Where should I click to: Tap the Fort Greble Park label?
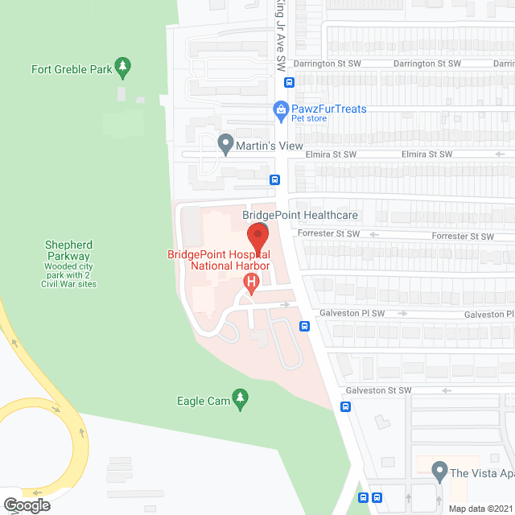(x=72, y=69)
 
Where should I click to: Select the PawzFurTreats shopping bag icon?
(x=281, y=109)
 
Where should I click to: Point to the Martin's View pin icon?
(x=225, y=146)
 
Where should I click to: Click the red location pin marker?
(x=257, y=239)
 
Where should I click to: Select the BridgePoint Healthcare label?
(x=300, y=216)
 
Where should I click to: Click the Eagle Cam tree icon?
(x=239, y=398)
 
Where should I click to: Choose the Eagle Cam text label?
(x=201, y=400)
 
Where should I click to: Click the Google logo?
(x=26, y=505)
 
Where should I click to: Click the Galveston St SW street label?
(x=378, y=390)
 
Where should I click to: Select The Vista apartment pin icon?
(x=439, y=470)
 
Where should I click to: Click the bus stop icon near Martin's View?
(x=274, y=180)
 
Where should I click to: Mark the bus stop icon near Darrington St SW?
(x=289, y=80)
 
